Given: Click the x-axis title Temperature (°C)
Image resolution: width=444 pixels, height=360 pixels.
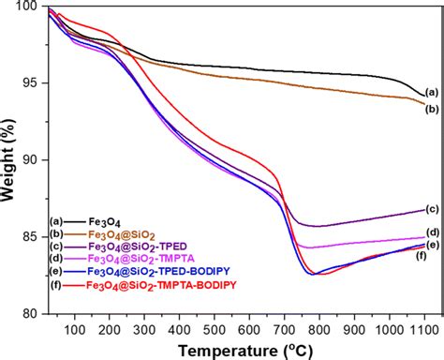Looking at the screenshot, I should (234, 349).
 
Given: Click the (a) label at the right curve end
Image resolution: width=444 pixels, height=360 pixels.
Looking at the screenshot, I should (431, 92).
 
